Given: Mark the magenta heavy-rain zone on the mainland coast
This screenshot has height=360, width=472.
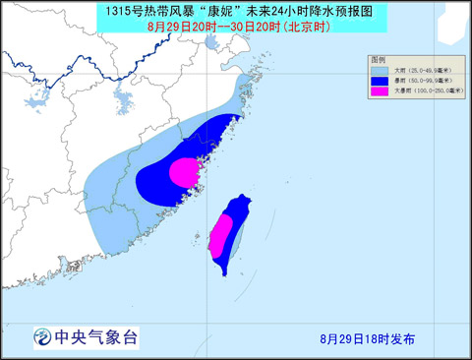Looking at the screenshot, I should pyautogui.click(x=184, y=173).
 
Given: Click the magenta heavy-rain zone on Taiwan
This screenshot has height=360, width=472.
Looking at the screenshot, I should pyautogui.click(x=221, y=236).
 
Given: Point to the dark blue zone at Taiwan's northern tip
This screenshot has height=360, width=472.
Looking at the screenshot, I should pyautogui.click(x=238, y=205).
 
